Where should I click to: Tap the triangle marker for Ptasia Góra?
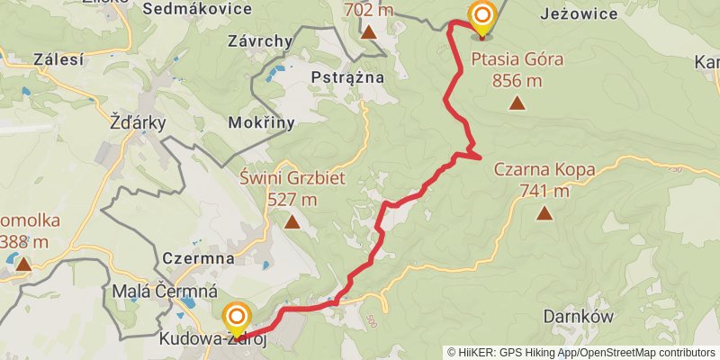(517, 103)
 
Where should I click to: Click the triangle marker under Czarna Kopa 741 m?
(544, 213)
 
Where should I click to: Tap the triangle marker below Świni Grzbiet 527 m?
(292, 220)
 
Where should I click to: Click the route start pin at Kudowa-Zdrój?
(237, 317)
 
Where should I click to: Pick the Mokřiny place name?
(262, 123)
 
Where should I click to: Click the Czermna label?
(199, 258)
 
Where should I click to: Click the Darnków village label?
(579, 317)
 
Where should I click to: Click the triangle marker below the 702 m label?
(369, 32)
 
